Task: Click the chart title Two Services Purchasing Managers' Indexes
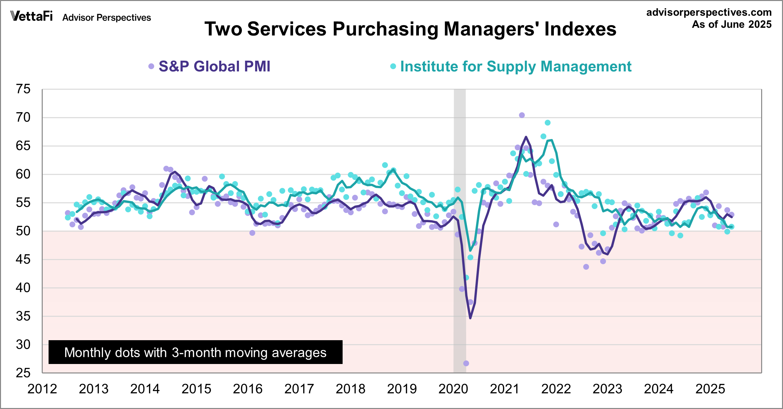(x=410, y=29)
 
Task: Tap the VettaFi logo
(x=32, y=16)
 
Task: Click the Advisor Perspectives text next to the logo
(x=107, y=18)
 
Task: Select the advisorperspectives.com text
(x=709, y=12)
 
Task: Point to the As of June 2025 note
(x=731, y=24)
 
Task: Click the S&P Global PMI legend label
(x=214, y=67)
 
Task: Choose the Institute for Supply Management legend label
(x=516, y=67)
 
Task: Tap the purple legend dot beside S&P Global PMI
(x=151, y=67)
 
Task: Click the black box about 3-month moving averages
(x=195, y=352)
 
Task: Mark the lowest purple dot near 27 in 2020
(x=466, y=363)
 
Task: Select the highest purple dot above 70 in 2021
(x=522, y=115)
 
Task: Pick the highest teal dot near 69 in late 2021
(x=548, y=123)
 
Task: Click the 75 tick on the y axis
(x=23, y=89)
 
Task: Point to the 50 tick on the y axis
(x=23, y=231)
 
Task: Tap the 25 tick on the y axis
(x=23, y=373)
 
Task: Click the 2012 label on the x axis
(x=42, y=389)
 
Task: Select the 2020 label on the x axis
(x=453, y=389)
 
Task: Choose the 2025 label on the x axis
(x=710, y=389)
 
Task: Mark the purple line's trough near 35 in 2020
(x=470, y=318)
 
